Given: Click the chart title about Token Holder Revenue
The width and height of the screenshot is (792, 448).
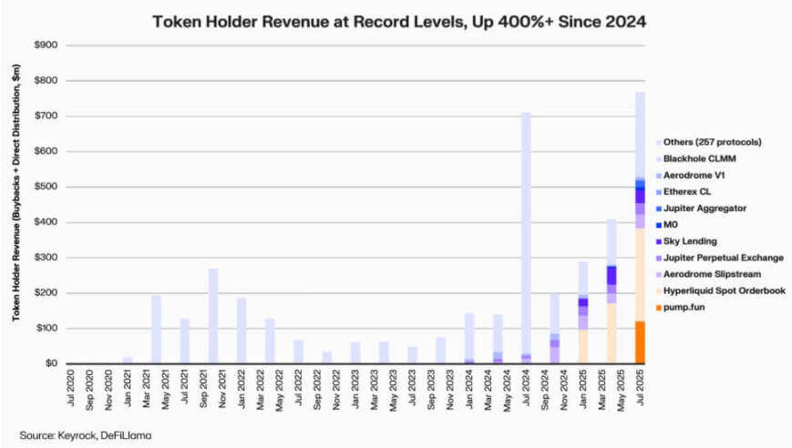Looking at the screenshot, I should click(396, 20).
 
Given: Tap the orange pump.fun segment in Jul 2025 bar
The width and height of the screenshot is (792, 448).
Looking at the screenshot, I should click(640, 341).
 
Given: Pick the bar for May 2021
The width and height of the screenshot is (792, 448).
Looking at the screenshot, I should click(156, 329).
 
